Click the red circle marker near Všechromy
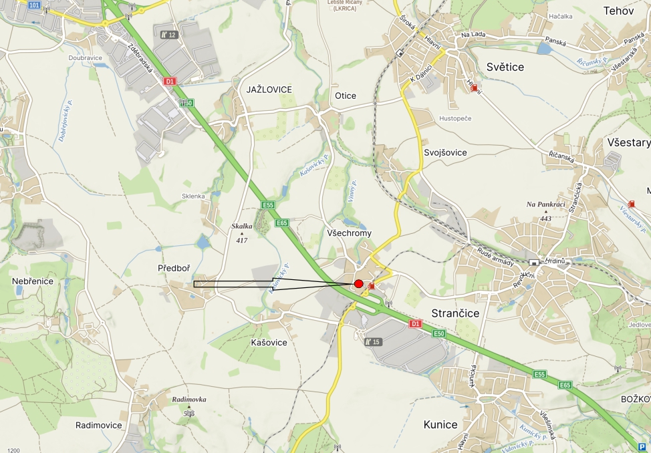pos(359,284)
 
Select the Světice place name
pos(505,67)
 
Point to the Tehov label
pos(618,10)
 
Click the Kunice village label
pos(440,424)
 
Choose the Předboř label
pos(174,268)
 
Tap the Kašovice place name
pos(269,342)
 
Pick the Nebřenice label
pos(33,281)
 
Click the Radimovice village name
pos(99,425)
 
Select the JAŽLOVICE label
pos(269,89)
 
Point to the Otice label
pos(346,96)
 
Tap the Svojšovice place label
pos(445,152)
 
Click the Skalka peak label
pos(242,226)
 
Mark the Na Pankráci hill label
pos(545,204)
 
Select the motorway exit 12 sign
pos(168,35)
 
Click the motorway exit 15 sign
pos(372,342)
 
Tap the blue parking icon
pos(642,447)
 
